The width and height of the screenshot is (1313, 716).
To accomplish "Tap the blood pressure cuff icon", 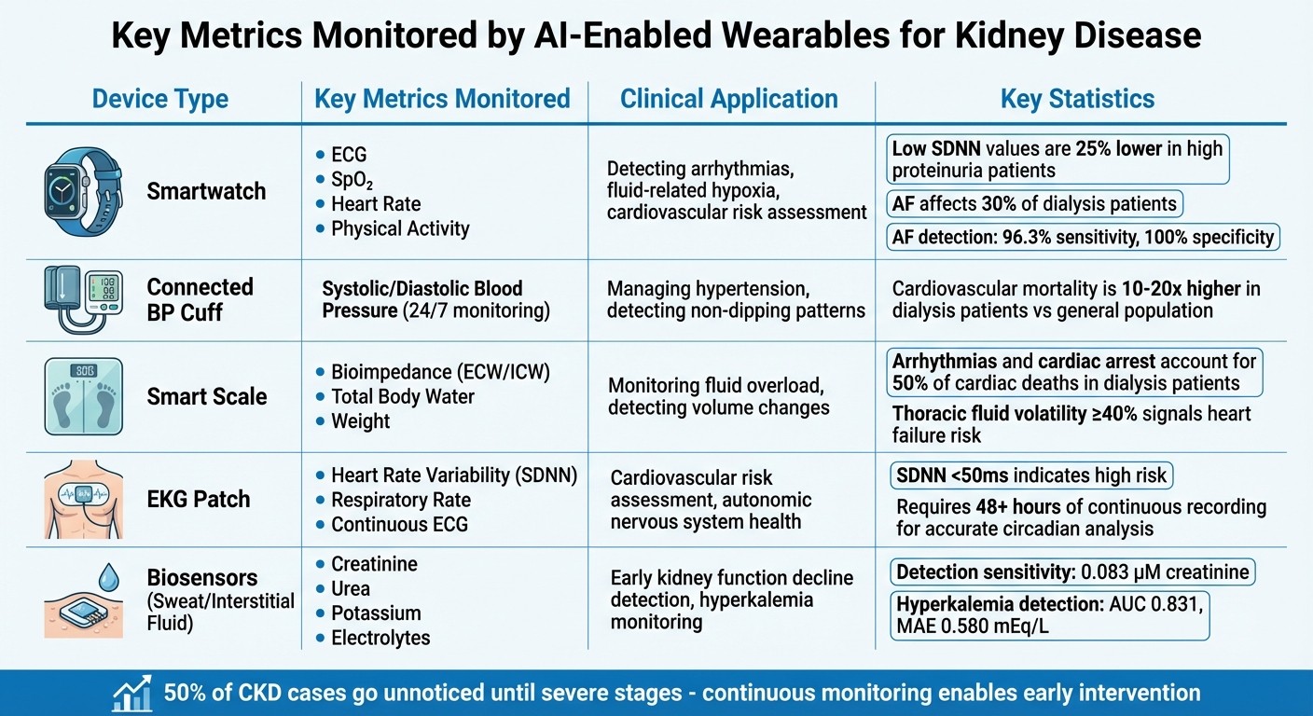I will [82, 299].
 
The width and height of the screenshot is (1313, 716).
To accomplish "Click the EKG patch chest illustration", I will [83, 499].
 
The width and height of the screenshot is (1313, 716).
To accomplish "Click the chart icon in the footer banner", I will [131, 693].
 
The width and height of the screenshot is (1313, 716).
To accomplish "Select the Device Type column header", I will [159, 99].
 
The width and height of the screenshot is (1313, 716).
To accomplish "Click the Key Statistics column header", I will [1077, 99].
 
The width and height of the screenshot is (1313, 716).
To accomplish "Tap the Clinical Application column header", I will [728, 99].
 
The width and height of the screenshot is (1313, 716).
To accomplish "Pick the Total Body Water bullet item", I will [402, 396].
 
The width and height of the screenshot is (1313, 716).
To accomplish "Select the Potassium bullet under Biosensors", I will [375, 613].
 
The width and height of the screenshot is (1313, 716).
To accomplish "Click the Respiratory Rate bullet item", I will [401, 500].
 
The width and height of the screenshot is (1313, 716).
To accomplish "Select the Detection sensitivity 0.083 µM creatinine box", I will [1073, 571].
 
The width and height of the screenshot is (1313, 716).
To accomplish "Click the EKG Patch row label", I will [199, 499].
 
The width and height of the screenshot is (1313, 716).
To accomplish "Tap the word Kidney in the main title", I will [1006, 35].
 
